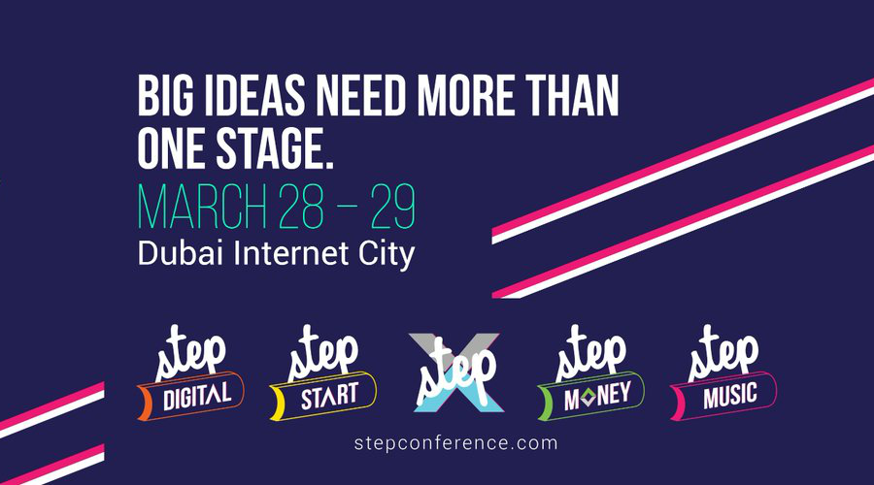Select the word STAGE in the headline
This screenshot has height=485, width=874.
tap(274, 148)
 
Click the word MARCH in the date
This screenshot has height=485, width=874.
tap(202, 206)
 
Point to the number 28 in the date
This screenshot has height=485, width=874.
tap(302, 206)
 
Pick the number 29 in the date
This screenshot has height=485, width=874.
tap(393, 206)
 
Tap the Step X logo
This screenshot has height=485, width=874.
tap(456, 372)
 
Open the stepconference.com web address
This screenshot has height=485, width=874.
tap(456, 444)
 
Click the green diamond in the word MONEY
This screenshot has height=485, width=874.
tap(589, 397)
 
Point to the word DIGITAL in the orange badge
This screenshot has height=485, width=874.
tap(197, 396)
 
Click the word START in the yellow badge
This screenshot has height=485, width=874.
tap(329, 396)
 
